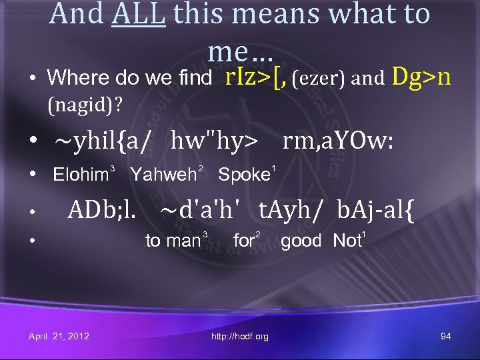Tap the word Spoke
(x=242, y=175)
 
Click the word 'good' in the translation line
(x=301, y=241)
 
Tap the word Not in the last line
(x=346, y=241)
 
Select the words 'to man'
(x=173, y=241)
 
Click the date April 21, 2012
(x=59, y=336)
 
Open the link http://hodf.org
(x=240, y=337)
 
